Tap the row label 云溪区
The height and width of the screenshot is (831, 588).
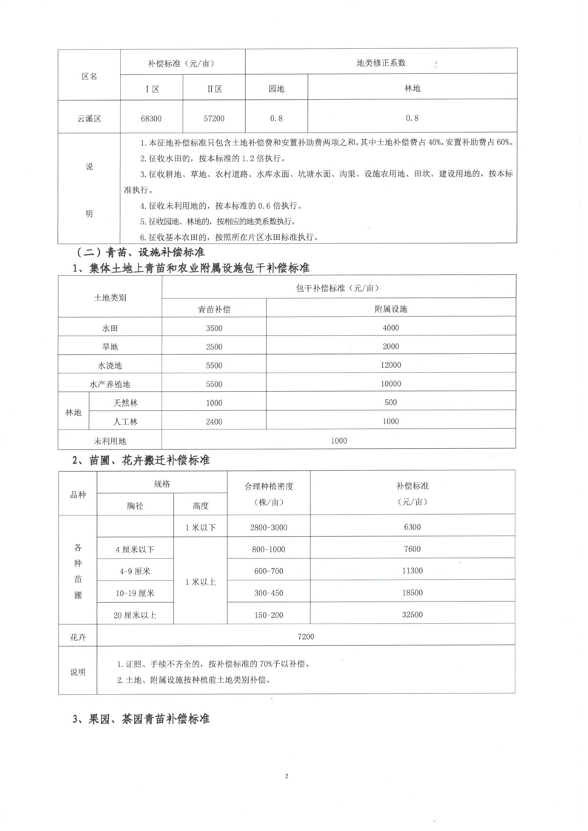[88, 118]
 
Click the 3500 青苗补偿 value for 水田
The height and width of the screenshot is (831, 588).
[215, 327]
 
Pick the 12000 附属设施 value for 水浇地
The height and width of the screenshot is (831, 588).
[392, 365]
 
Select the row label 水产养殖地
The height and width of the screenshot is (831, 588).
[110, 384]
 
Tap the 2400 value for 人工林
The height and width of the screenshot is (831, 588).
[215, 421]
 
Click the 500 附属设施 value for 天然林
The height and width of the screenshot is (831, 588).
[392, 403]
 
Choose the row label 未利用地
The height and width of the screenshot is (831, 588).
[110, 441]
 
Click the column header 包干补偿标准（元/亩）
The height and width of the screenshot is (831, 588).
[339, 288]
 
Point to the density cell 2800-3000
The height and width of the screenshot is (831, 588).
[269, 527]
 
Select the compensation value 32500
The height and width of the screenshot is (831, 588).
[413, 615]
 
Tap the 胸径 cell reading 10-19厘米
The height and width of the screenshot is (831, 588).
[135, 593]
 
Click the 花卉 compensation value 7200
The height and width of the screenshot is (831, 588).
[306, 636]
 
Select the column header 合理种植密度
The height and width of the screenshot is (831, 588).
[269, 487]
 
